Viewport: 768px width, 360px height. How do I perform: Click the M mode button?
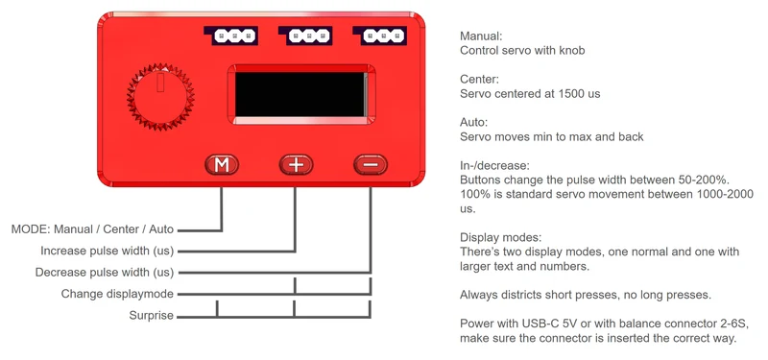222,165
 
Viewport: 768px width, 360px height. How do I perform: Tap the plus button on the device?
296,165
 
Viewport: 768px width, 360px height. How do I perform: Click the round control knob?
160,97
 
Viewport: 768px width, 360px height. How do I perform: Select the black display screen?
300,94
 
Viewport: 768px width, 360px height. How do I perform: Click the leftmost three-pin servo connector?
231,36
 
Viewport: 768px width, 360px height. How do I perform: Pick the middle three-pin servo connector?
305,36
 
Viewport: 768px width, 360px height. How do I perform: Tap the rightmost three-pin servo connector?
380,36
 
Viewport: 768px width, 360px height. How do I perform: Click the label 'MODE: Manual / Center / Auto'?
92,229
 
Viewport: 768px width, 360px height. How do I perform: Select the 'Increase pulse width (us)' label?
108,251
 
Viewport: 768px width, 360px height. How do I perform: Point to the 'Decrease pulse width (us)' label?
105,273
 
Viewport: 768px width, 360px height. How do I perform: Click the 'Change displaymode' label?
117,294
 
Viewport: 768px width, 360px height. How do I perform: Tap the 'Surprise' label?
152,316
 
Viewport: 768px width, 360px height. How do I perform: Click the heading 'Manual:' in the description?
482,36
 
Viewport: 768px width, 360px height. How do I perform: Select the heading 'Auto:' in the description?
473,123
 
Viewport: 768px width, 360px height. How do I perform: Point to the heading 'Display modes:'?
500,238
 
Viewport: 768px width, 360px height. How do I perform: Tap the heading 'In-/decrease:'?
495,165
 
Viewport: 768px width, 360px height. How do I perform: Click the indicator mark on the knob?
159,83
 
